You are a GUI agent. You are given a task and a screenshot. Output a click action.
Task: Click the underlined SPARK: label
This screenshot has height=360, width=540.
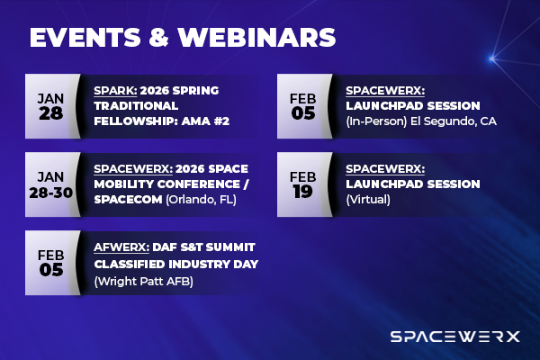(115, 91)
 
